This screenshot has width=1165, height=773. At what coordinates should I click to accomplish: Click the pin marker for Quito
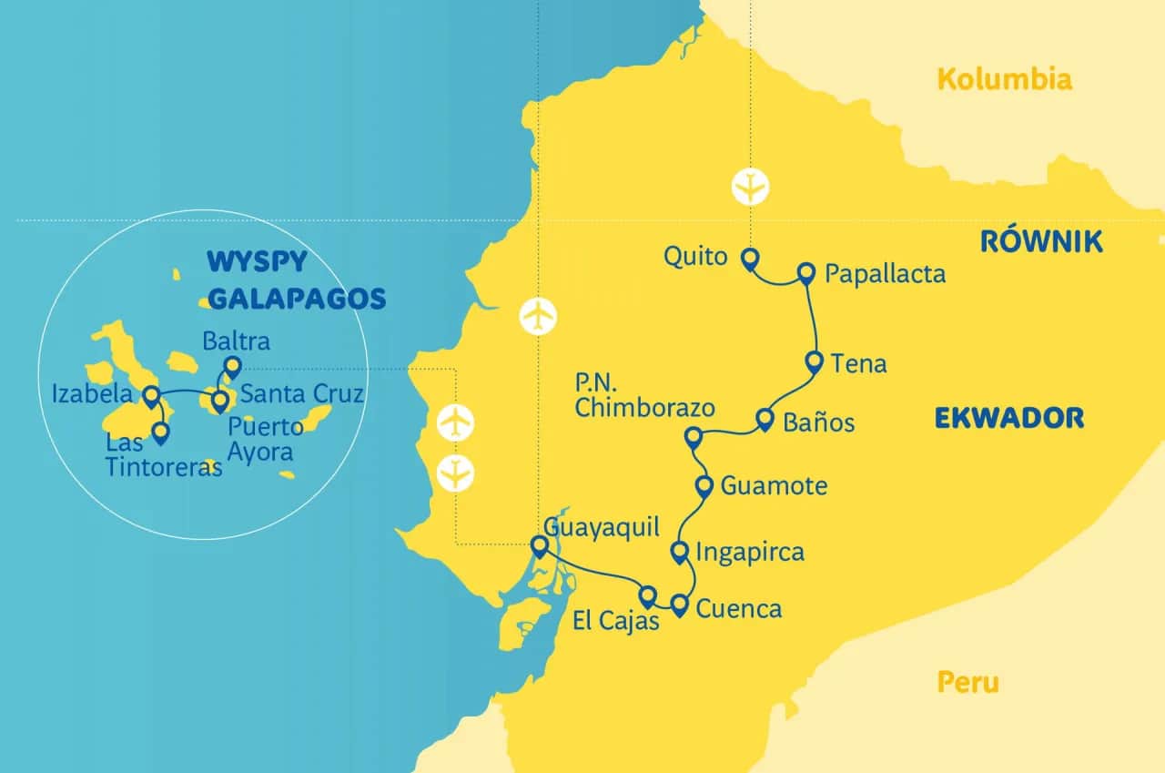point(749,259)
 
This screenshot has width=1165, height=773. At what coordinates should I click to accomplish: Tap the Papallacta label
point(885,273)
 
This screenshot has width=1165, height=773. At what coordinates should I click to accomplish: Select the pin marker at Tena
point(815,361)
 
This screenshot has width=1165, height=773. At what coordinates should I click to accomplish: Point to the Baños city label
point(819,423)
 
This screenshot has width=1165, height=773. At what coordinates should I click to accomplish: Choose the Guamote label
point(774,486)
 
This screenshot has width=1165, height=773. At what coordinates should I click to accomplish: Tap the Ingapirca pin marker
point(679,550)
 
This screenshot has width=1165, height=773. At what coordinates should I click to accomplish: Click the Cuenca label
point(738,608)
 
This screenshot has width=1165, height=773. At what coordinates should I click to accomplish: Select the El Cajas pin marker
point(647,595)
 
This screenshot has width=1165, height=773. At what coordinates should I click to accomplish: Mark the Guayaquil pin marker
point(538,544)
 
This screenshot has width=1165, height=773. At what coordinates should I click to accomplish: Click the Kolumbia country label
point(1004,80)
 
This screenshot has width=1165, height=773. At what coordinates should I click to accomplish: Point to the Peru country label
point(967,682)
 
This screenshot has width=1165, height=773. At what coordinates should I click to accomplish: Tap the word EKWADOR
point(1008,418)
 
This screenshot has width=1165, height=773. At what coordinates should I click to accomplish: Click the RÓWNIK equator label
point(1041,241)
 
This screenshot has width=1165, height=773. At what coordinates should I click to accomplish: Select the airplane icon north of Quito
point(751,186)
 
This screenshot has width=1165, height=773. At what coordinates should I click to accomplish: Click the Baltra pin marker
point(231,366)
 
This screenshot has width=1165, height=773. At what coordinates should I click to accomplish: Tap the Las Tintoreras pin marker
point(161,432)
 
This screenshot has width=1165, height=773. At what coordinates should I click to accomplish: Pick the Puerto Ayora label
point(266,437)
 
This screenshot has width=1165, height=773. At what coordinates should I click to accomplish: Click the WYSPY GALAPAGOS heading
point(284,280)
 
